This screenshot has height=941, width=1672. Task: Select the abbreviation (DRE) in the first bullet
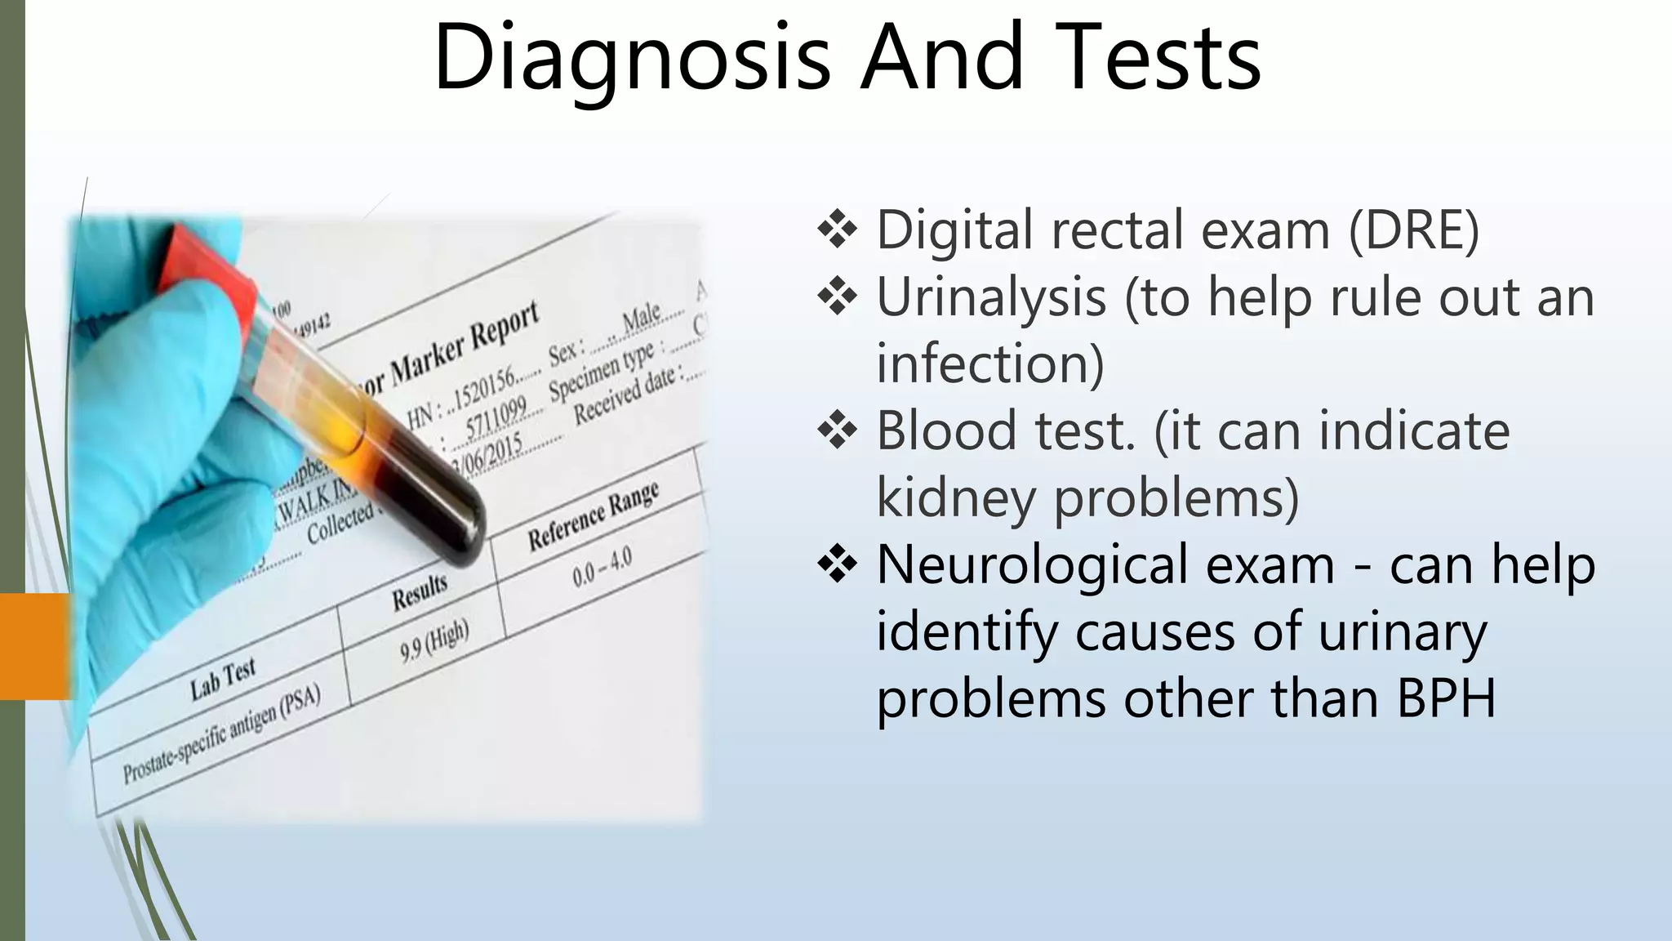point(1413,230)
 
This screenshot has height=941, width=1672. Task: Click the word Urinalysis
point(990,297)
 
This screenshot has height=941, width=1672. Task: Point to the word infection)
point(989,363)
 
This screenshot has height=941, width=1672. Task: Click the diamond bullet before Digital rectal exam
point(837,231)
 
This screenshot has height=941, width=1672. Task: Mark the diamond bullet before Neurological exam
point(837,566)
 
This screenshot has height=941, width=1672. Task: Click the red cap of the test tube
point(212,270)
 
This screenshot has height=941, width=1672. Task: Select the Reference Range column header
point(593,516)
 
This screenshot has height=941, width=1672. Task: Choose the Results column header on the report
point(420,592)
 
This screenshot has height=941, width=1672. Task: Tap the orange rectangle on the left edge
point(34,646)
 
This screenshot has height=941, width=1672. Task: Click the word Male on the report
point(641,318)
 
